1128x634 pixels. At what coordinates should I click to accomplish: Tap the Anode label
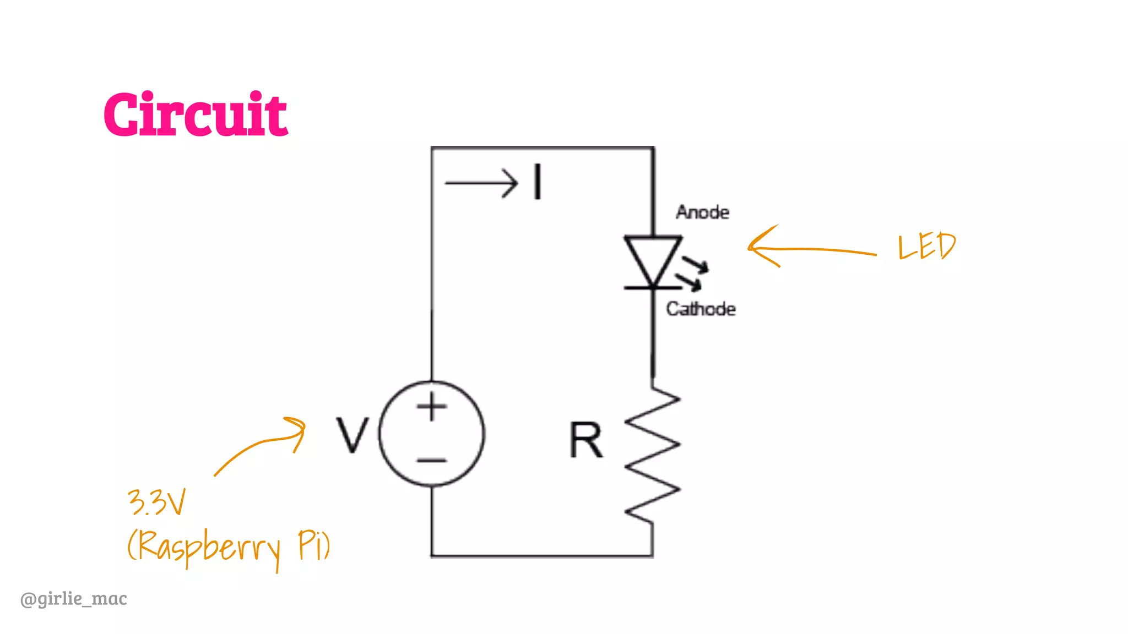pyautogui.click(x=702, y=212)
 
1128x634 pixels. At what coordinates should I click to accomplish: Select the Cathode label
pyautogui.click(x=701, y=309)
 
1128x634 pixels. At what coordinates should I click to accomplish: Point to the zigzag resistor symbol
pyautogui.click(x=653, y=454)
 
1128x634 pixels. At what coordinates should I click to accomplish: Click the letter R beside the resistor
pyautogui.click(x=586, y=440)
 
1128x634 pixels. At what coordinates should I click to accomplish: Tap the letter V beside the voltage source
pyautogui.click(x=352, y=435)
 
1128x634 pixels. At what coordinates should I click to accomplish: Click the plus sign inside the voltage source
pyautogui.click(x=432, y=407)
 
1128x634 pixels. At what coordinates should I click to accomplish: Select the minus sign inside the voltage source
pyautogui.click(x=432, y=460)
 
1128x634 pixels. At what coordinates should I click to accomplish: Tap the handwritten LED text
pyautogui.click(x=927, y=246)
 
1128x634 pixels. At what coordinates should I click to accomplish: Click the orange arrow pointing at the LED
pyautogui.click(x=810, y=249)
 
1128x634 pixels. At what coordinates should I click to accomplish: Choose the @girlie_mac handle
pyautogui.click(x=74, y=598)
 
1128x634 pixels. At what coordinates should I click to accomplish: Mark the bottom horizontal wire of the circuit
pyautogui.click(x=542, y=556)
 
